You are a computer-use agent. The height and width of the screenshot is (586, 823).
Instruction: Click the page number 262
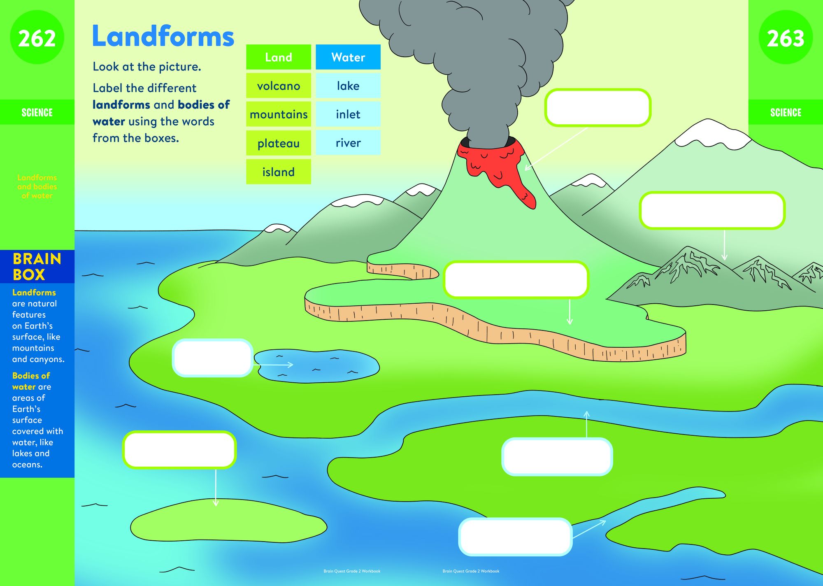coord(37,38)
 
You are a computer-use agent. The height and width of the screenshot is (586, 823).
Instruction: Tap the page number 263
coord(786,38)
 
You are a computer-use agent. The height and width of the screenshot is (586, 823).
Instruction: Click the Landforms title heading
coord(163,36)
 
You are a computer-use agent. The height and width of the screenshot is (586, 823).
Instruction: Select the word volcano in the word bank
coord(279,86)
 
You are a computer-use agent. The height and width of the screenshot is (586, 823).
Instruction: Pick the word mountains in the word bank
coord(279,114)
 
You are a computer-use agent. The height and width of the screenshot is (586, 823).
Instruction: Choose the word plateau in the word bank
coord(279,144)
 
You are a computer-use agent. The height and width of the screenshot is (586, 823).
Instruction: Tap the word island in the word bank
coord(279,172)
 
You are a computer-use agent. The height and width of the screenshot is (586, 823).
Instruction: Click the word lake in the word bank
coord(348,86)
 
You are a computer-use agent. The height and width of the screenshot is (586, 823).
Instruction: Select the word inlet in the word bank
coord(348,114)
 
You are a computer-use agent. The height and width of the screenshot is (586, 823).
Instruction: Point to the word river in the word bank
coord(348,143)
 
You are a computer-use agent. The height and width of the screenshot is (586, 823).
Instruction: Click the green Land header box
coord(279,57)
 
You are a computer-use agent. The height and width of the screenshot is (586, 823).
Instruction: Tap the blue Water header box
coord(348,57)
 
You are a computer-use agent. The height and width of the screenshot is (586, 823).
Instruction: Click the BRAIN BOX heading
coord(37,267)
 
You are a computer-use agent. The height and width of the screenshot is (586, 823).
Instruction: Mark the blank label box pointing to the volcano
coord(597,107)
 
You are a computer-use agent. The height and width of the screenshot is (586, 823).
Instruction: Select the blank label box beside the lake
coord(212,358)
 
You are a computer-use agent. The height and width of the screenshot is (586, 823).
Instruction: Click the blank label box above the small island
coord(179,450)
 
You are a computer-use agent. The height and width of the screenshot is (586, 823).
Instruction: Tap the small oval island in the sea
coord(228,521)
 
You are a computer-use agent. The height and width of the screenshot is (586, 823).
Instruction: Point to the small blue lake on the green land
coord(317,366)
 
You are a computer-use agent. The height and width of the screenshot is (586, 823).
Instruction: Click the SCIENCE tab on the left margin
coord(37,112)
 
